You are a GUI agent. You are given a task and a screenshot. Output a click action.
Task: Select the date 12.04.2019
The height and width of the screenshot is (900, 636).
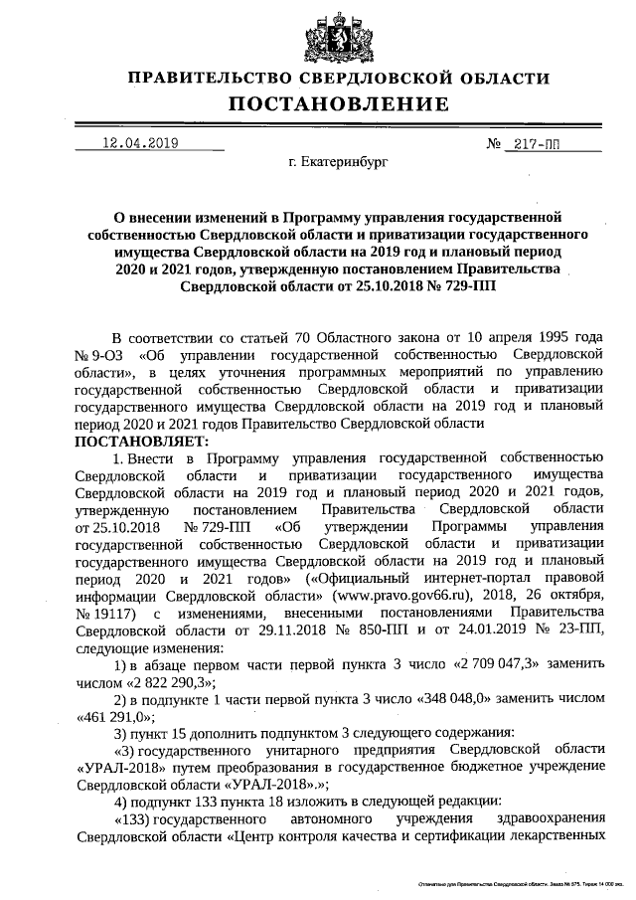click(140, 143)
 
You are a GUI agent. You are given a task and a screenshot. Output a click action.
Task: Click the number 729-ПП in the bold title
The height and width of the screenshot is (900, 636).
click(460, 285)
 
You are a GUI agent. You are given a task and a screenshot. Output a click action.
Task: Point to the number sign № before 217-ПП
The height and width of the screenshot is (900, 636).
click(494, 144)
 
